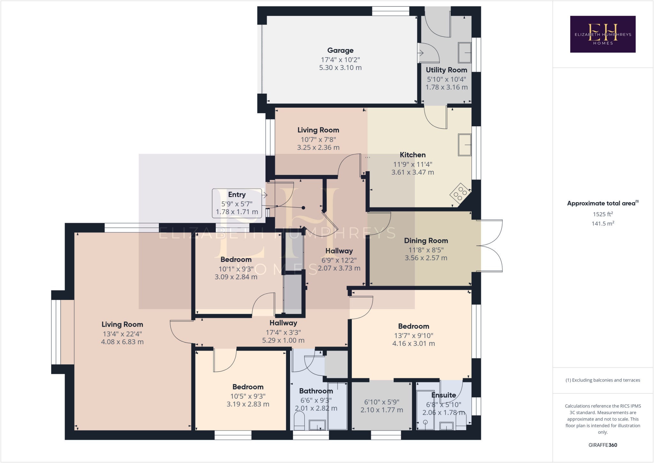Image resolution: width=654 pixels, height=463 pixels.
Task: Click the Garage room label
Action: coord(340,50)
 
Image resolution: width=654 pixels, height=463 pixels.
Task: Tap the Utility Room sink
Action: coord(465,53)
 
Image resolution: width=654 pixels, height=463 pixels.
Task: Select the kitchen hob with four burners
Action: coord(460,193)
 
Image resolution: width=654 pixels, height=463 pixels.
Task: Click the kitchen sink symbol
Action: coord(465,145)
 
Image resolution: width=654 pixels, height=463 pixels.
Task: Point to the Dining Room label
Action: coord(426,241)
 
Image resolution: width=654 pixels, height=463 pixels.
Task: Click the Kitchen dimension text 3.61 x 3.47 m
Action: coord(413,172)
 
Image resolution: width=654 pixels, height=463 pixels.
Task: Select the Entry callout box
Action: coord(237,203)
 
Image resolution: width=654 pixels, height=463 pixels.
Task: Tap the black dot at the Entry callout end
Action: coord(303,208)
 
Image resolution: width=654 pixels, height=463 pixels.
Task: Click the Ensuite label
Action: coord(444,395)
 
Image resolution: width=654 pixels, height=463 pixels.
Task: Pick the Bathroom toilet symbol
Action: coord(299,421)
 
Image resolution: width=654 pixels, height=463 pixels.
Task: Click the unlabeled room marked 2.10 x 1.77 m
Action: coord(382,406)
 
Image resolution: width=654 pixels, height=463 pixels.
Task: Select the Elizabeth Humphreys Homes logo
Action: coord(603,34)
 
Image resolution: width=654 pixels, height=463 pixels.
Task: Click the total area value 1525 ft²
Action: coord(603,214)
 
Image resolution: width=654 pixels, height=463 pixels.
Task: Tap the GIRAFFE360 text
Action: coord(603,445)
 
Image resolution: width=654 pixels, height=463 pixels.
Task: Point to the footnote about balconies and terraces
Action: coord(603,380)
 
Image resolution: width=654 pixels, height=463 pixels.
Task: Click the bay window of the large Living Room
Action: coord(56,332)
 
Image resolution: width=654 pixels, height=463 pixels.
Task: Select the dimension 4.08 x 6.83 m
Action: coord(122,342)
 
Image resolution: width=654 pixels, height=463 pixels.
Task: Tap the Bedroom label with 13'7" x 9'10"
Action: coord(414,326)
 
